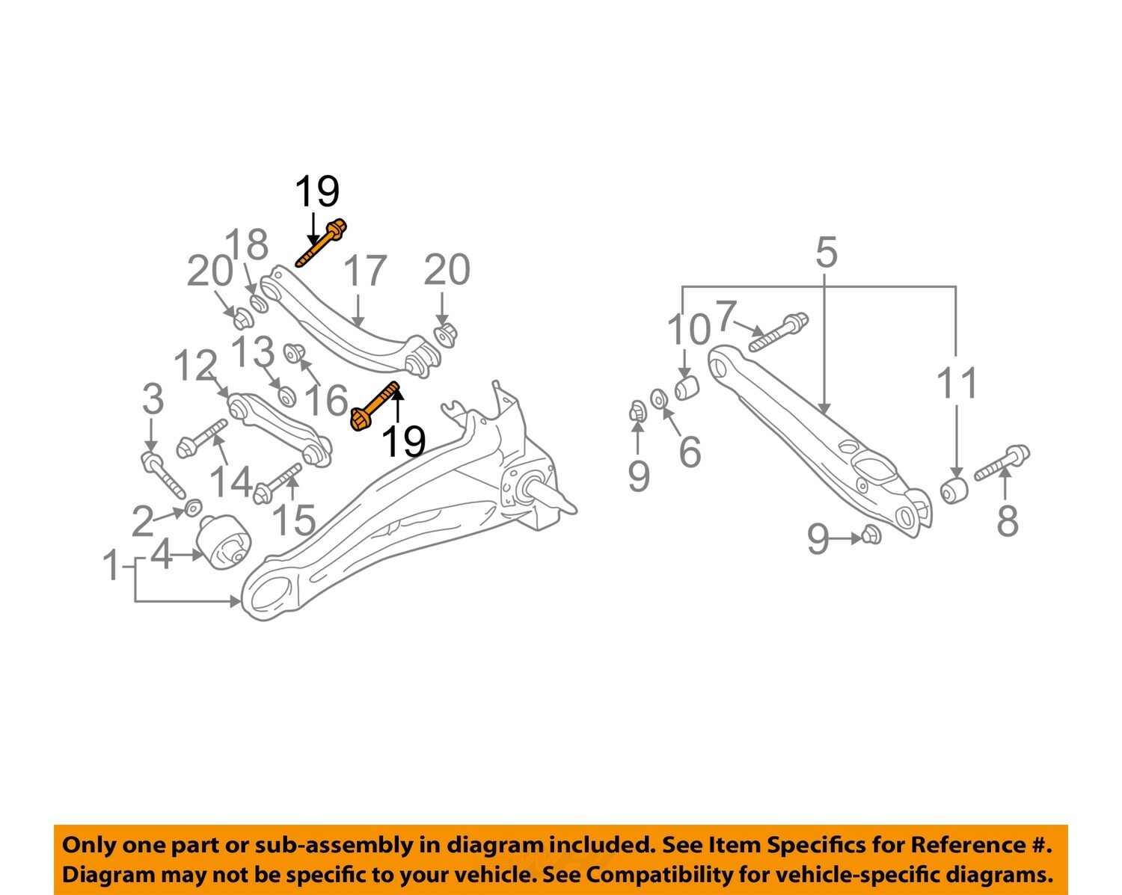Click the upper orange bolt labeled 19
click(322, 242)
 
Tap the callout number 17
click(365, 271)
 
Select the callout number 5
click(826, 253)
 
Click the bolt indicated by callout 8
click(1002, 462)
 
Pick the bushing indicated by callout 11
click(954, 490)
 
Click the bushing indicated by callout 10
click(686, 388)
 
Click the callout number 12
click(195, 366)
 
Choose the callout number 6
click(690, 452)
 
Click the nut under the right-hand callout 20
click(446, 333)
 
